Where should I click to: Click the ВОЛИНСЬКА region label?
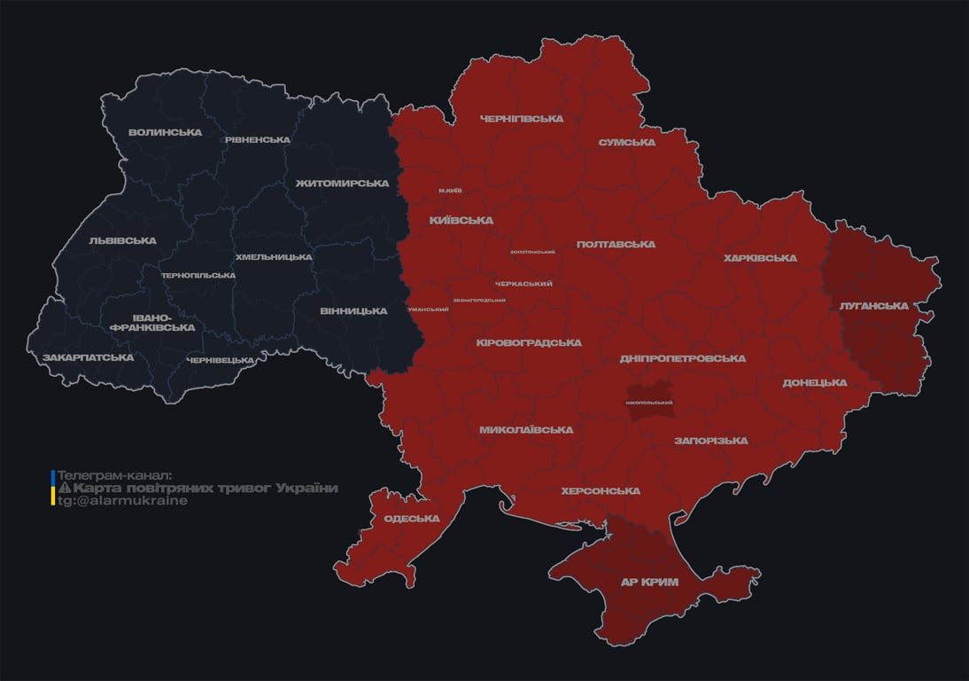[165, 133]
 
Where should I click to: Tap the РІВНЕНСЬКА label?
[257, 140]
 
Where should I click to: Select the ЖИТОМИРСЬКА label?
[342, 184]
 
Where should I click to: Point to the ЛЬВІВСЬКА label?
[122, 240]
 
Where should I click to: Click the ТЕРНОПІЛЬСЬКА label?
[198, 276]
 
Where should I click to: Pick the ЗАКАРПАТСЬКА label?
[88, 358]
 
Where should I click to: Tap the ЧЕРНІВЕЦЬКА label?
[221, 360]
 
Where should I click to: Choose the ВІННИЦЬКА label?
[353, 311]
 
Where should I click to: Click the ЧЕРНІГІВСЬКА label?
[521, 119]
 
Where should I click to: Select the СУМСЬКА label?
[626, 143]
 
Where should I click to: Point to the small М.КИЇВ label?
[450, 191]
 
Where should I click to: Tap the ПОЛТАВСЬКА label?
[616, 245]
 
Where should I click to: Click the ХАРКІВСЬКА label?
[760, 259]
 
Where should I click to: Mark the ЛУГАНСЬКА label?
[873, 306]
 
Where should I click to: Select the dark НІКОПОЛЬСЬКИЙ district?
[649, 402]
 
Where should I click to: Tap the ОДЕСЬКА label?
[411, 519]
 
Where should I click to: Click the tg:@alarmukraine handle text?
[122, 501]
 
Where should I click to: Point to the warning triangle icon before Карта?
[64, 489]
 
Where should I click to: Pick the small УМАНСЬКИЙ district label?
[428, 309]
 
